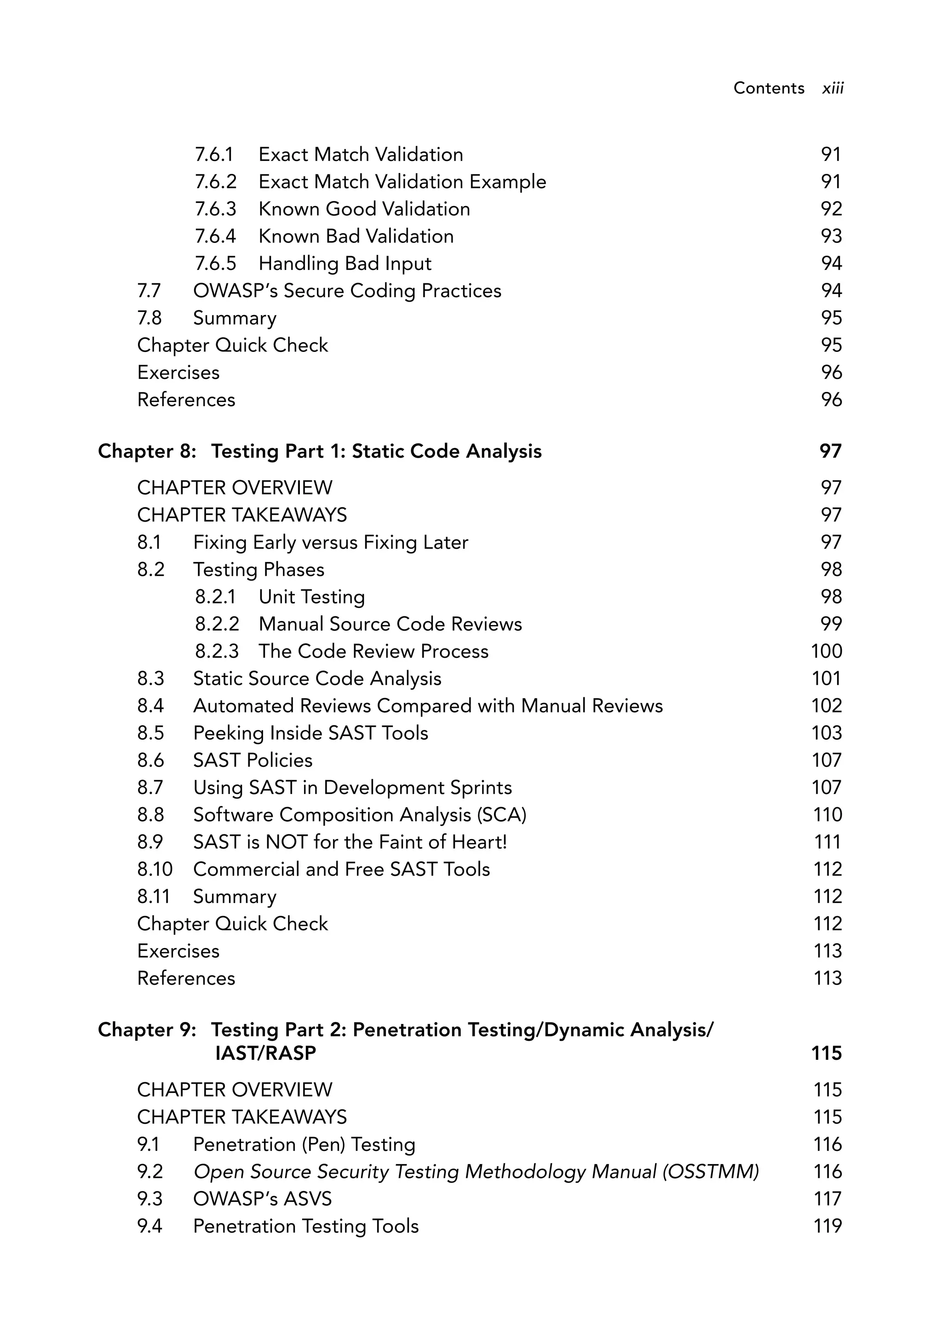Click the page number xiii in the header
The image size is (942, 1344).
(x=832, y=88)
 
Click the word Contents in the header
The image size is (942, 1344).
(x=768, y=88)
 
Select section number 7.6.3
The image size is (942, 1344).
(x=215, y=209)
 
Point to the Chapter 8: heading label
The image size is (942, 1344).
(x=146, y=451)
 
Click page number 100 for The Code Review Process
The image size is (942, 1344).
(x=826, y=651)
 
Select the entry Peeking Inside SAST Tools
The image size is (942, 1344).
(x=310, y=733)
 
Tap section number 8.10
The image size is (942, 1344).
(x=155, y=869)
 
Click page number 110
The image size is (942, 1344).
(x=827, y=815)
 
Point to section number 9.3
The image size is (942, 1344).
(x=150, y=1199)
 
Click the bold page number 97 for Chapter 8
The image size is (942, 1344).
(x=830, y=451)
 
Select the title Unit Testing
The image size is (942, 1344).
(x=311, y=597)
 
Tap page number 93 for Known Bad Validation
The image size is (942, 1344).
(x=831, y=236)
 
